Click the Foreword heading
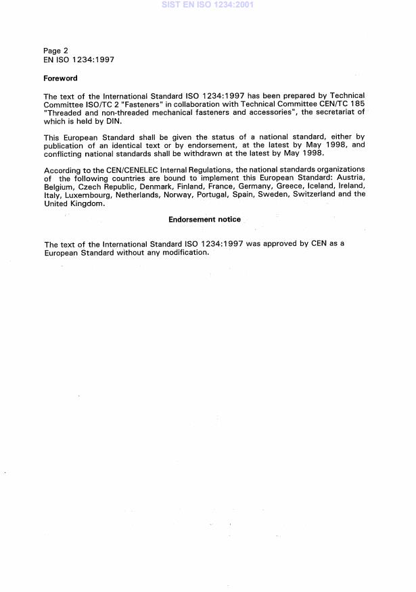coord(60,78)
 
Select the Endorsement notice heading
coord(204,220)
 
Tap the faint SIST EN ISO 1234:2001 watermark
coord(207,5)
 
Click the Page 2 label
coord(55,50)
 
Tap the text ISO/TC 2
coord(102,104)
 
